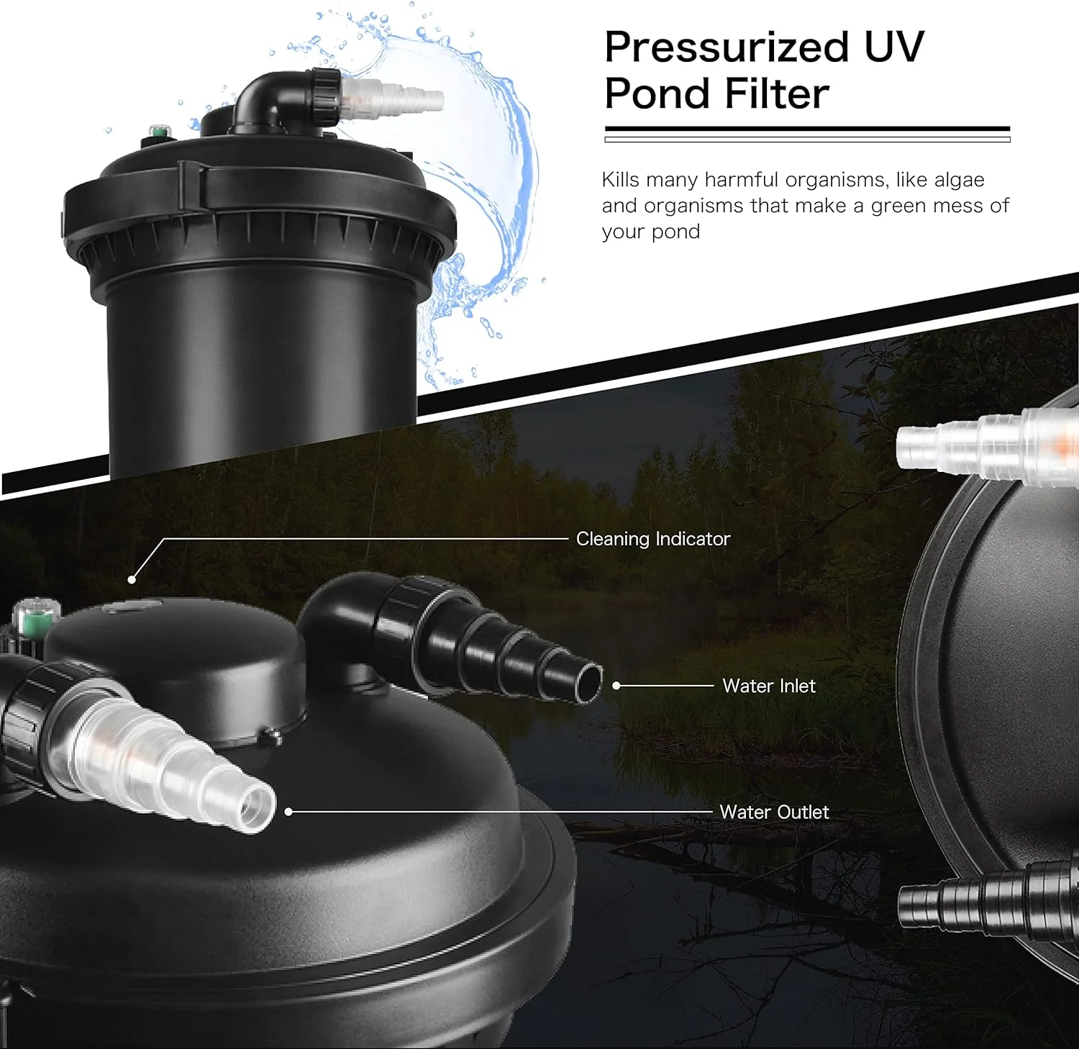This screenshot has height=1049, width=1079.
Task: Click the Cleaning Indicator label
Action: pos(653,539)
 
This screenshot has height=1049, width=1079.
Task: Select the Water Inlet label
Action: pos(769,686)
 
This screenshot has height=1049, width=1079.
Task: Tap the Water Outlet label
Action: pos(774,812)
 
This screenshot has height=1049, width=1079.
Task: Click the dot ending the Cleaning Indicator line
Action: pos(132,579)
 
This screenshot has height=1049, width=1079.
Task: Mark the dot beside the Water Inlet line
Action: pos(616,686)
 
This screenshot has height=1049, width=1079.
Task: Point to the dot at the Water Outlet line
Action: pos(288,812)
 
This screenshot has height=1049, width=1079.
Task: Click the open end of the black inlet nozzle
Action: pos(588,681)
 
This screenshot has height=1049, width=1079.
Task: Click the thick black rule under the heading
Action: pos(807,130)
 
